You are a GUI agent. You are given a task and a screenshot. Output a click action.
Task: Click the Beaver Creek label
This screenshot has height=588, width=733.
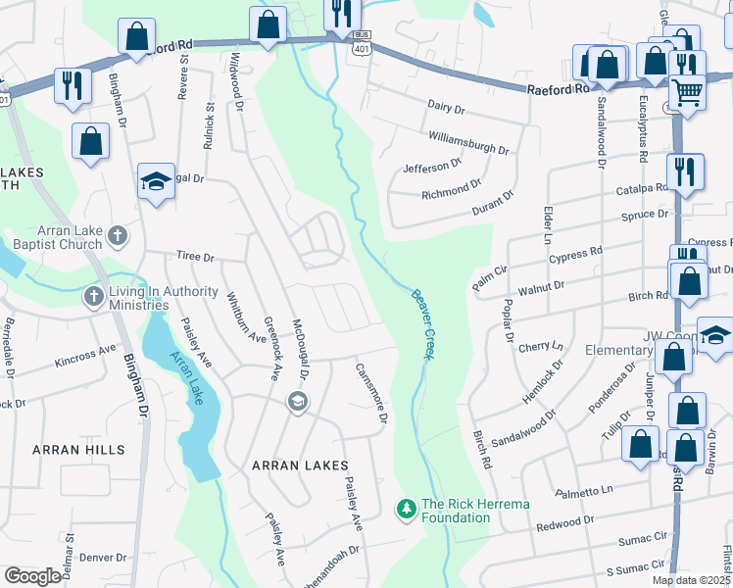point(421,323)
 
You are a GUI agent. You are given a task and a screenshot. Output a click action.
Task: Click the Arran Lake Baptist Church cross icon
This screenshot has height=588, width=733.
point(117,235)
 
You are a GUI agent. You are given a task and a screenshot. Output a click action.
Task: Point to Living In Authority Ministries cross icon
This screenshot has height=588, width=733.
point(94,295)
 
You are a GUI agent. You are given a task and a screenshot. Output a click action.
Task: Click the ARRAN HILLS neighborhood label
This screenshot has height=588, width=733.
point(78,449)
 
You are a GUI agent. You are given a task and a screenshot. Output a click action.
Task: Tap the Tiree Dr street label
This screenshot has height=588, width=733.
point(194,257)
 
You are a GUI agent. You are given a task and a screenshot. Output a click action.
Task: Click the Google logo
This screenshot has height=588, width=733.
point(33,576)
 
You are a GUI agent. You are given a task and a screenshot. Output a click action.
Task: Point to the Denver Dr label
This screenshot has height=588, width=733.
point(104,558)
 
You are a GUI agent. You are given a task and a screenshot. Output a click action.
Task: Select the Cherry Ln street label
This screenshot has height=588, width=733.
point(541,346)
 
